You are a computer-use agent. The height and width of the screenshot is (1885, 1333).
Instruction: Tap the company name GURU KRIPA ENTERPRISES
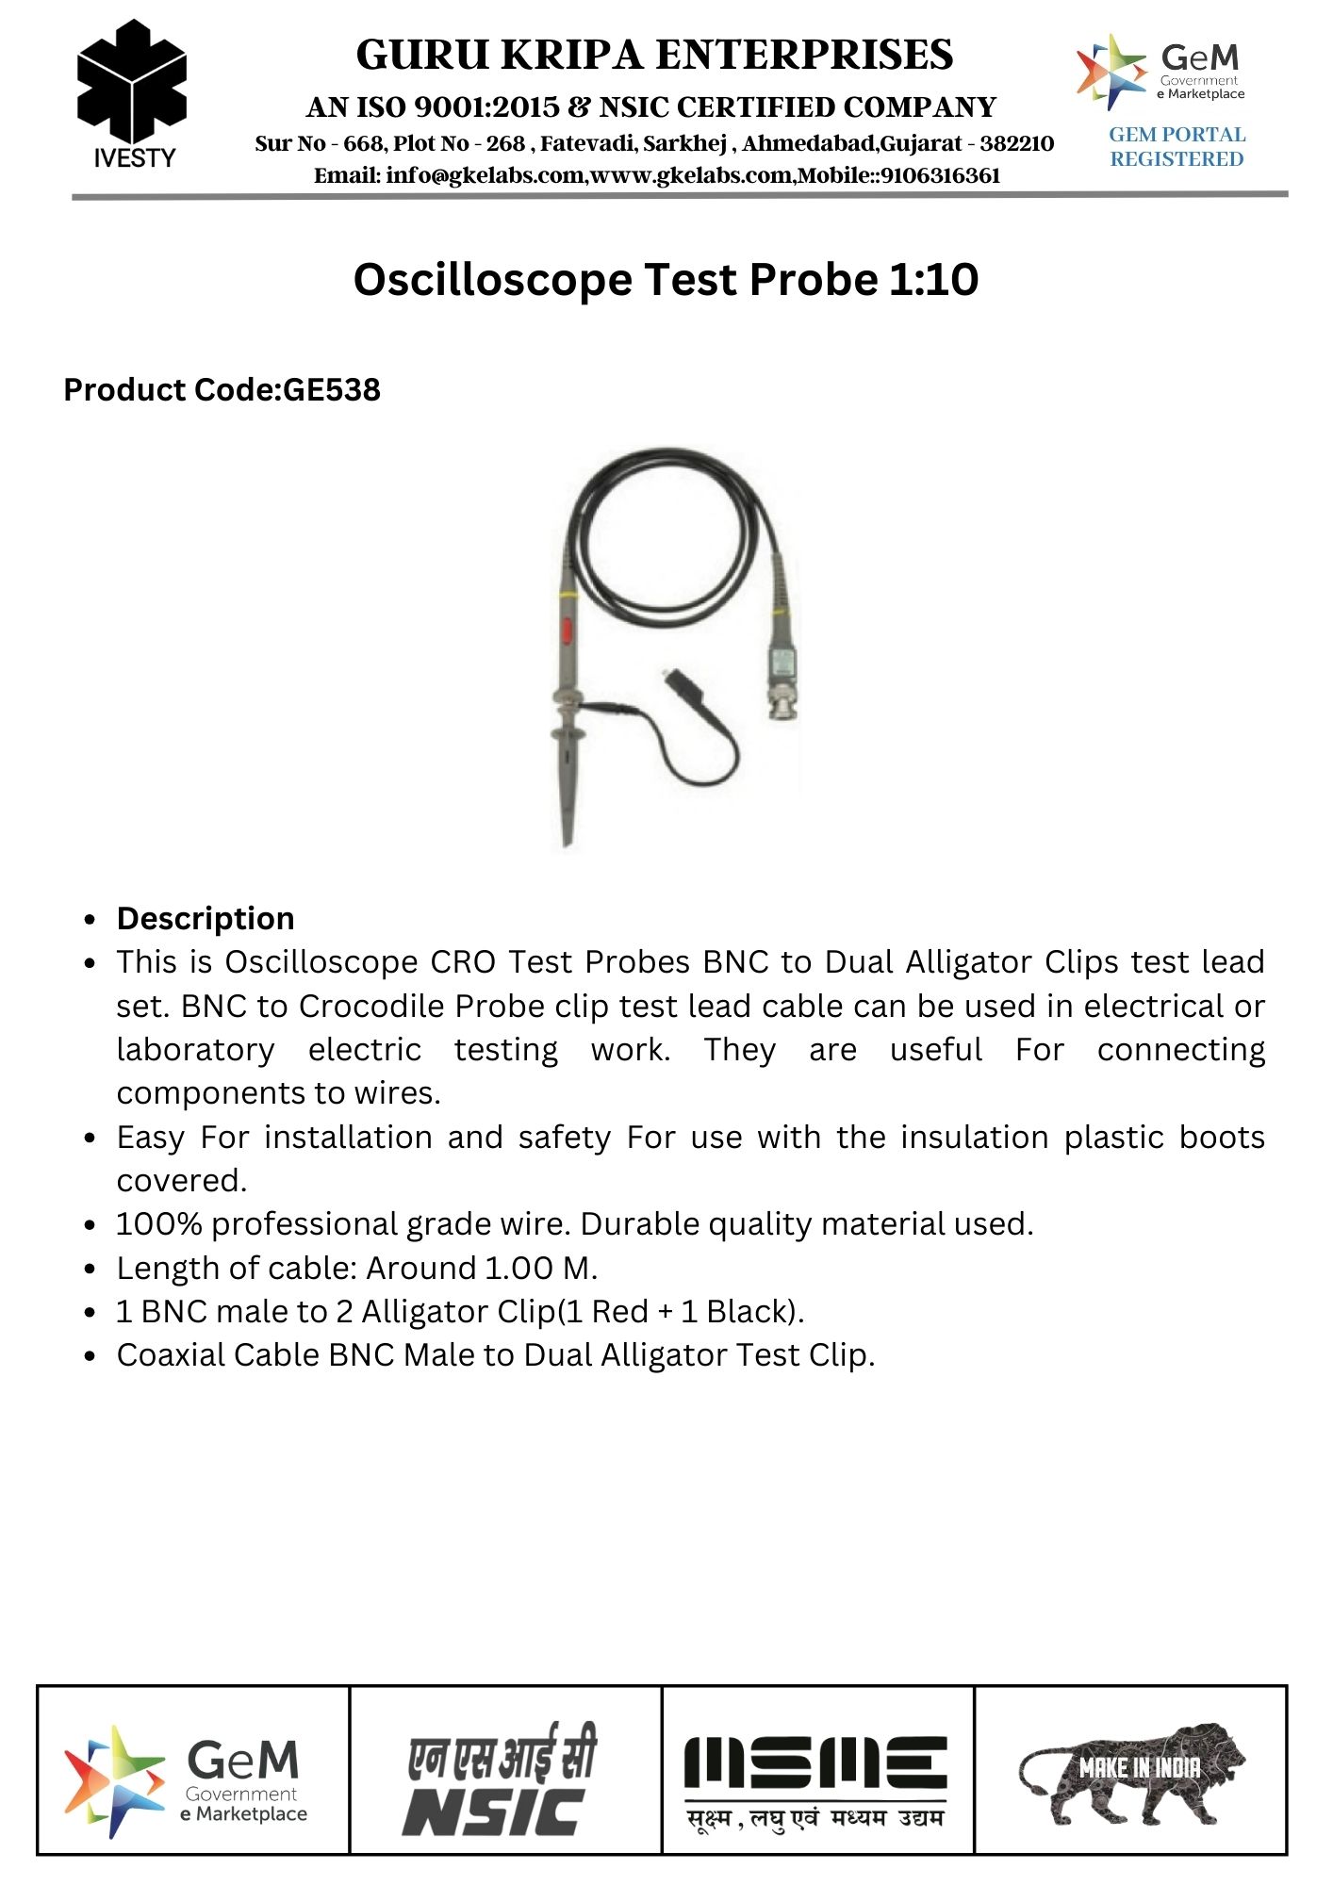(x=654, y=56)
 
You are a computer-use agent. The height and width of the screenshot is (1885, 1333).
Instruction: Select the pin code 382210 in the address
(x=1016, y=144)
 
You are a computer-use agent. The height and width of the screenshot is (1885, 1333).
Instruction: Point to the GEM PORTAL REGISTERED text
(x=1177, y=147)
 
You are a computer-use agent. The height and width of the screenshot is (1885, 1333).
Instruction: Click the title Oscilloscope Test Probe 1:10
(x=666, y=280)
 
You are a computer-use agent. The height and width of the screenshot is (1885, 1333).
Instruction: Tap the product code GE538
(x=332, y=390)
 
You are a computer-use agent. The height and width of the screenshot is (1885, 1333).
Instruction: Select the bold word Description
(x=206, y=919)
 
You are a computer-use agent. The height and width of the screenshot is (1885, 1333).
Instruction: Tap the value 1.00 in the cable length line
(x=518, y=1269)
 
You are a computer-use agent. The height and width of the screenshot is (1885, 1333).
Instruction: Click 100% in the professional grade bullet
(x=159, y=1224)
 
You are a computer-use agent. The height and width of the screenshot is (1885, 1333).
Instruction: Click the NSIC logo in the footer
(x=502, y=1778)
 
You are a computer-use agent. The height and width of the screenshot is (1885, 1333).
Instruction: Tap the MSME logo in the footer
(x=815, y=1778)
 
